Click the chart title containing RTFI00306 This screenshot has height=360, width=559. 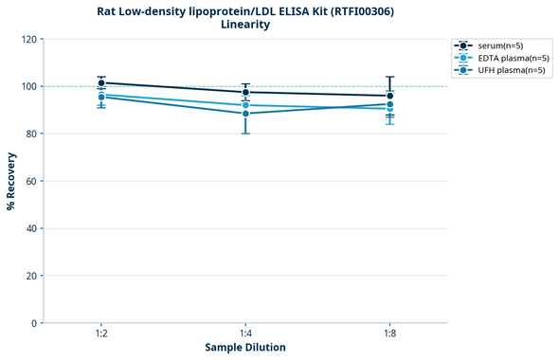(x=245, y=11)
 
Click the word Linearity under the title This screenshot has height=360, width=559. (x=245, y=26)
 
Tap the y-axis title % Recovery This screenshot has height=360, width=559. (x=11, y=180)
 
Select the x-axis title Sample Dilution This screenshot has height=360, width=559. (x=245, y=347)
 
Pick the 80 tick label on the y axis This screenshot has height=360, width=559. (x=29, y=134)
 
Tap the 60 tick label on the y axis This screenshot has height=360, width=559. (x=29, y=181)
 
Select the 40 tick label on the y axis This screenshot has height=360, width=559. (x=29, y=228)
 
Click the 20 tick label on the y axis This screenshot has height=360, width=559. (x=29, y=276)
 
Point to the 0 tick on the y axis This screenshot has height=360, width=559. (x=32, y=323)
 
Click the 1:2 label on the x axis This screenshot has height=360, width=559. (x=100, y=333)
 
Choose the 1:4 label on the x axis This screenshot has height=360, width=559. (x=245, y=333)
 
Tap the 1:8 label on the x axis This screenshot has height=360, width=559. (x=389, y=333)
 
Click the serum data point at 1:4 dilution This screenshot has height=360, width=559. (x=245, y=92)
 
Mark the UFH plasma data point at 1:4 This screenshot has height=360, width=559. (x=245, y=114)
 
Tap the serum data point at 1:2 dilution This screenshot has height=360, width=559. (x=100, y=83)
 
